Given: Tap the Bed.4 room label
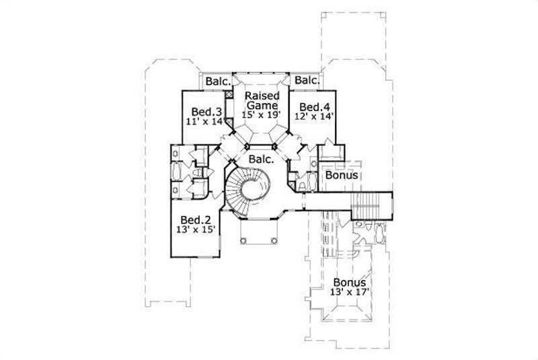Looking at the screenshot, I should [x=314, y=107].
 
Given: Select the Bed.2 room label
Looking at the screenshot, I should [x=196, y=220].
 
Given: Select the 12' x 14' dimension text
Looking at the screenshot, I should [x=314, y=116].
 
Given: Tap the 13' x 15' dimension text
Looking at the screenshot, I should [x=196, y=230].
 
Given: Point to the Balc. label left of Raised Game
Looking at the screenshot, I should [x=218, y=81].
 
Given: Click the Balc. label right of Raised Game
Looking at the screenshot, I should [x=306, y=81].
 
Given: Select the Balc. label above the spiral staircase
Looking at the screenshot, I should [x=260, y=159].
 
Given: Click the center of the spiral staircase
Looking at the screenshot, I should [x=256, y=188].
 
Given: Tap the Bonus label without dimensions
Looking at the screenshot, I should [x=341, y=176].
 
